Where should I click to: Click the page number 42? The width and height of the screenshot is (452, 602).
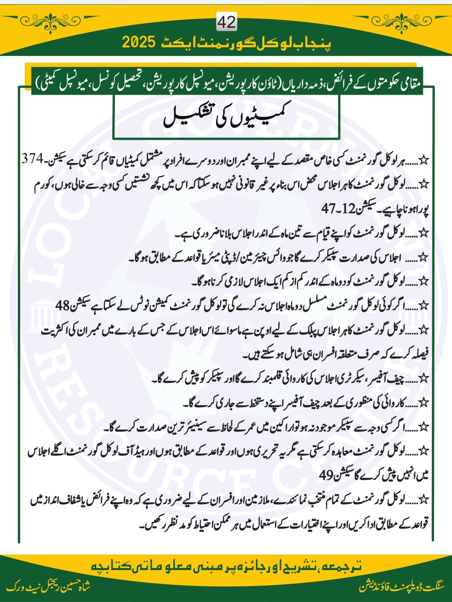tap(226, 22)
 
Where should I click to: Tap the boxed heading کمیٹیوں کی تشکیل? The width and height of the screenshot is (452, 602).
tap(226, 118)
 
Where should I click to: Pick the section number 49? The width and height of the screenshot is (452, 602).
tap(327, 475)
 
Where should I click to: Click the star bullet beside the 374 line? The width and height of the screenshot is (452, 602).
tap(424, 160)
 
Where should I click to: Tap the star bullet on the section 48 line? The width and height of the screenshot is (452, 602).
tap(424, 306)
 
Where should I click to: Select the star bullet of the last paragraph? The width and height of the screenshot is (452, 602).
tap(424, 500)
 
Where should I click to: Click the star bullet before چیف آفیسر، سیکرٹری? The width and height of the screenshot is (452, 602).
tap(424, 379)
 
